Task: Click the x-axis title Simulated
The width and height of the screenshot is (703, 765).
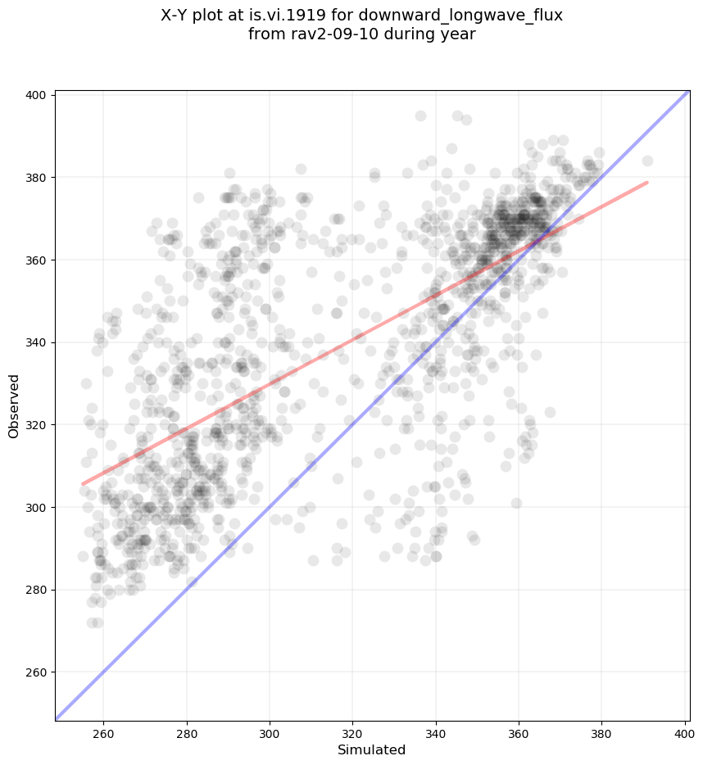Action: (372, 749)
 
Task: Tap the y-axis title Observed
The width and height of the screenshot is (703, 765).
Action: (14, 405)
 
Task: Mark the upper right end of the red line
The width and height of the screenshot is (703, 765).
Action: (647, 182)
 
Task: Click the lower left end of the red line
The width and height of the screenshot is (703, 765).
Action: (83, 484)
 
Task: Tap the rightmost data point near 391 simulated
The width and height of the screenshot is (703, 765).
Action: (647, 161)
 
